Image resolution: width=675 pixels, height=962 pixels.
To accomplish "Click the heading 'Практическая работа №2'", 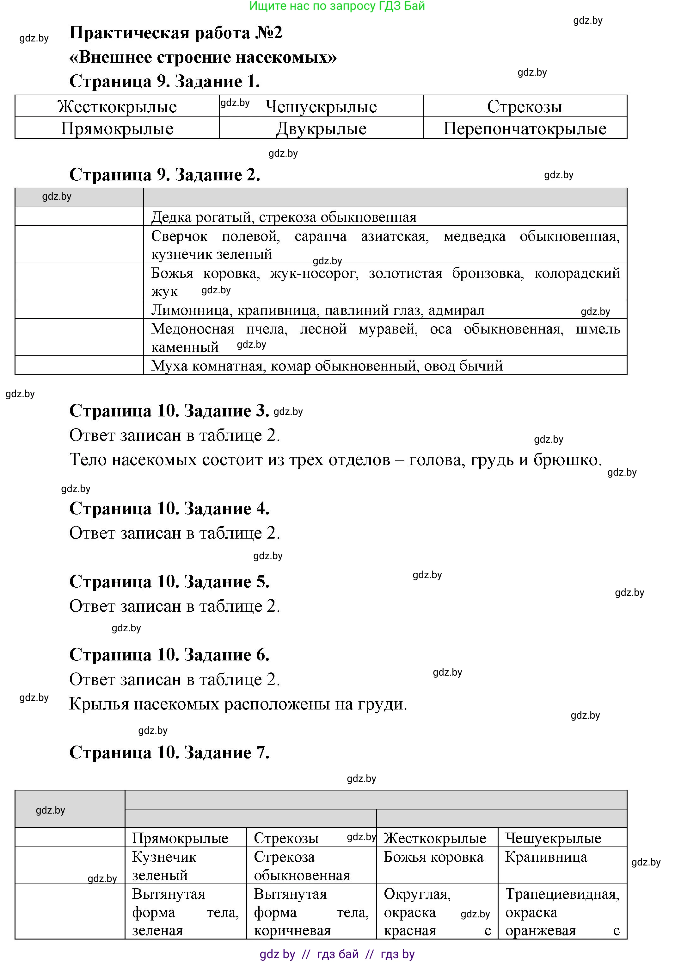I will tap(175, 33).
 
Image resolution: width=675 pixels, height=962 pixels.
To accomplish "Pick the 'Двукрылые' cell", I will tap(321, 128).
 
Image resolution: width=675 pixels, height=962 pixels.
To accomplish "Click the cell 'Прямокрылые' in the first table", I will tap(117, 128).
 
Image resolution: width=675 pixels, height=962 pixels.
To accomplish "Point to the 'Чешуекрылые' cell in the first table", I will tap(321, 106).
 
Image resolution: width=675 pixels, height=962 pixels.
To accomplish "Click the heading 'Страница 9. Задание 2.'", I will tap(165, 175).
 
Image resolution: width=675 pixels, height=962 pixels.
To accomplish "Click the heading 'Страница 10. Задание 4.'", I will tap(169, 509).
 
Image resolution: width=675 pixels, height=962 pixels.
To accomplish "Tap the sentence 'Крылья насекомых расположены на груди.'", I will tap(238, 704).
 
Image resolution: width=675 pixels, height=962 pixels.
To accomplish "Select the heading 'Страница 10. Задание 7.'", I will tap(169, 753).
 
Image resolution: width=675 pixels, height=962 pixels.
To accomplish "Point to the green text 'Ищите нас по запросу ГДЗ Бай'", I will tap(337, 6).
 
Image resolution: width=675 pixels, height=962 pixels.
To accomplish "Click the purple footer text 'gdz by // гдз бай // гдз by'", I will tap(337, 954).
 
